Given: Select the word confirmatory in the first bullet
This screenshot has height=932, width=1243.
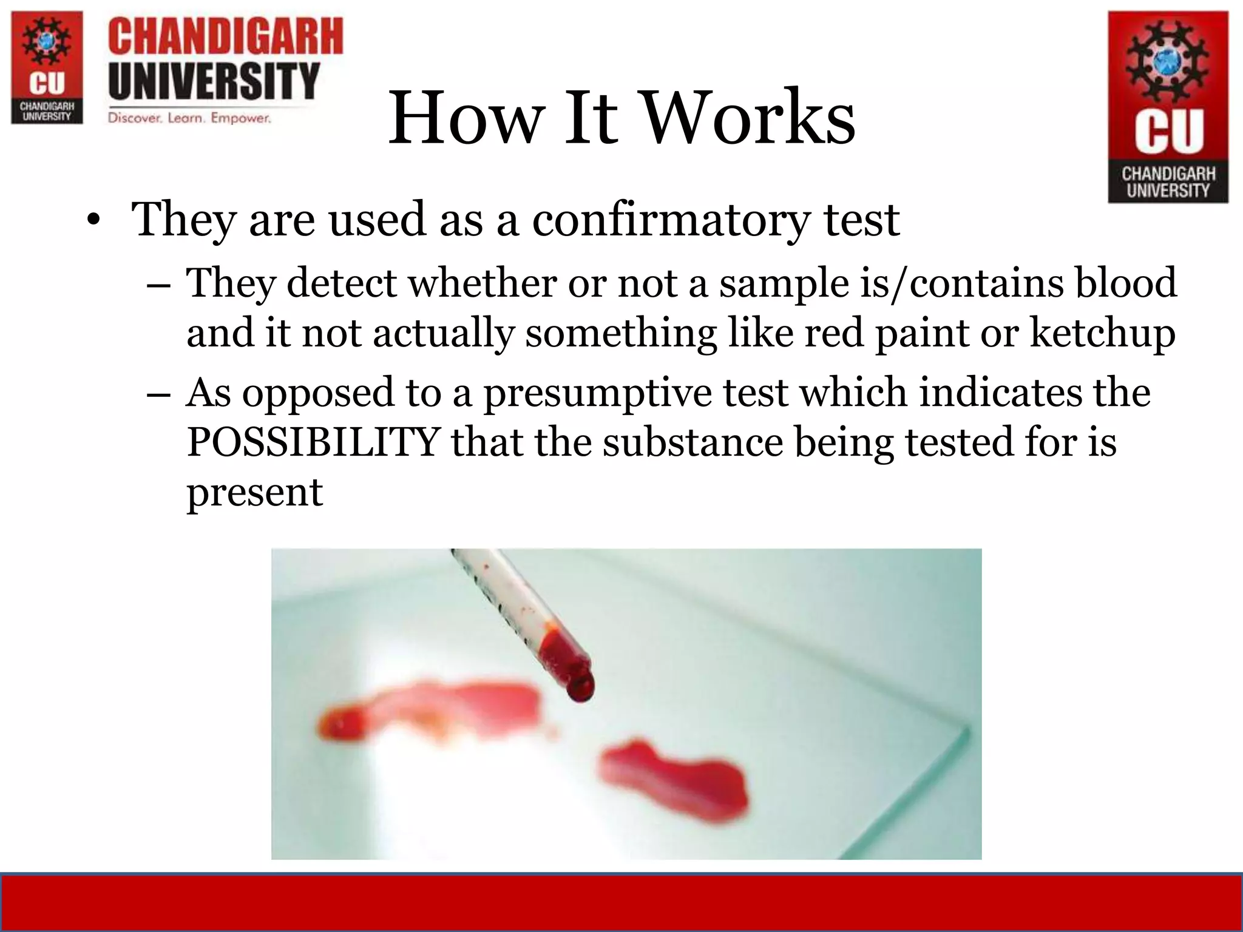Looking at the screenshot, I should pos(671,220).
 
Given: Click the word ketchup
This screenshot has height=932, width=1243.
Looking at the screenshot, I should pos(1102,334).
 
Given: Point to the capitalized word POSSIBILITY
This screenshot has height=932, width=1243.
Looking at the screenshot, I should pos(313,442).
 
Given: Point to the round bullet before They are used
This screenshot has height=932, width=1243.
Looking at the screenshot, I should pos(92,221).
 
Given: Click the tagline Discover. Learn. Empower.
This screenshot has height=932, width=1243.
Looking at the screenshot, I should pos(189,118).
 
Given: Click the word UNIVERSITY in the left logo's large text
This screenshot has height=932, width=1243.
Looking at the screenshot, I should pos(214,81).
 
